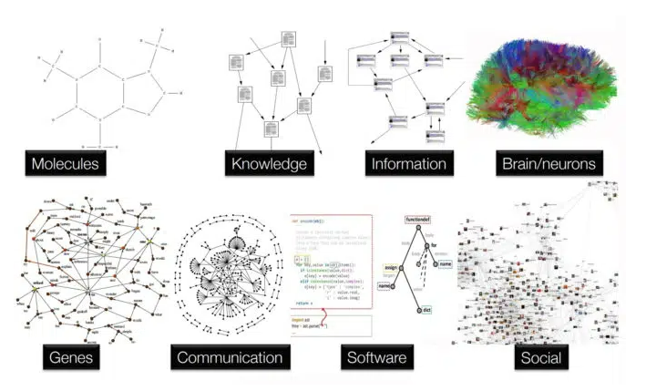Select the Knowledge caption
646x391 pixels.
(x=268, y=165)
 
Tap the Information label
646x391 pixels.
(x=408, y=165)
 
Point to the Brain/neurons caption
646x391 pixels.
(x=549, y=165)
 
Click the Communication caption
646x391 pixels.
(x=229, y=356)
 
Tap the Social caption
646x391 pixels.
(x=540, y=356)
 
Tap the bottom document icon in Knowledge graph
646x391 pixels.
(x=271, y=129)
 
